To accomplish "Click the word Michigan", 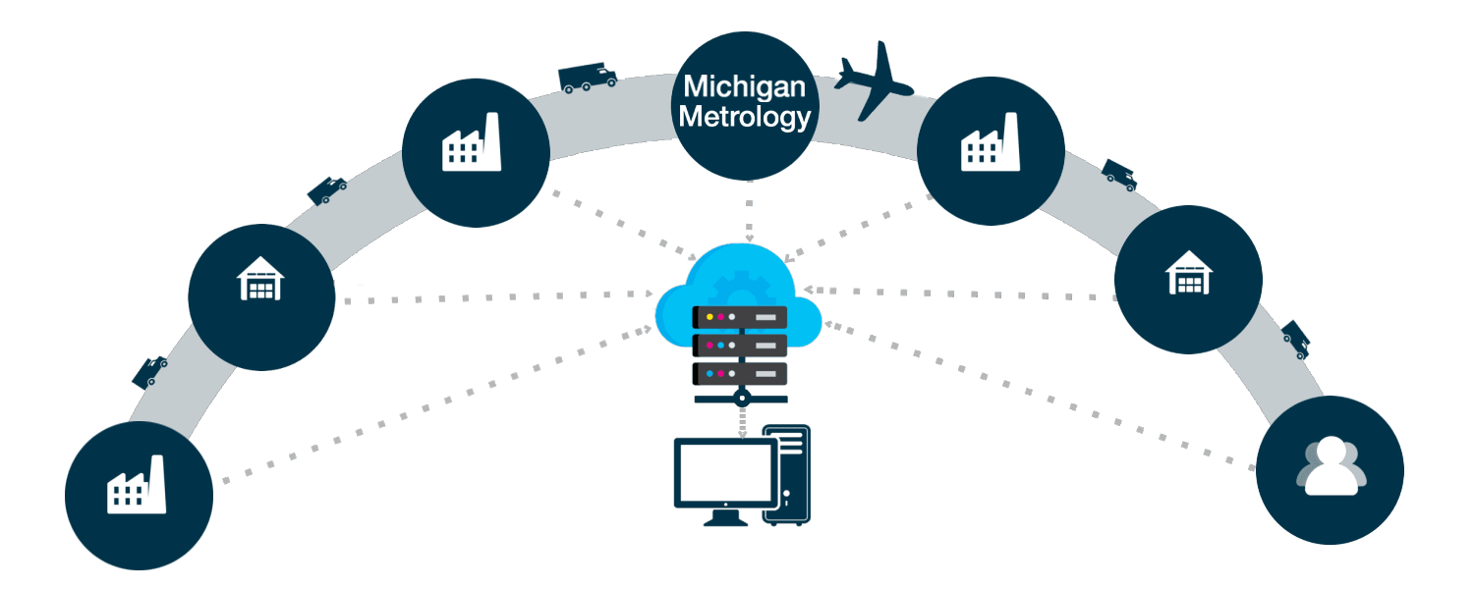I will tap(745, 86).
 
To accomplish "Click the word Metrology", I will tap(745, 118).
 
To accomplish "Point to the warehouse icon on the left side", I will tap(260, 278).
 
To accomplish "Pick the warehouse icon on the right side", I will tap(1189, 272).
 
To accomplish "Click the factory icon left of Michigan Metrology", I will tap(472, 143).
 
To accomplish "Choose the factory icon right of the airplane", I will tap(990, 143).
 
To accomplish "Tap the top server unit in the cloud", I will tap(741, 317).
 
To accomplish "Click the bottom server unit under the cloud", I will tap(741, 373).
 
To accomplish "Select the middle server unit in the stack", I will tap(741, 346).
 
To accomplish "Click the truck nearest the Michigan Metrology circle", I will tap(587, 78).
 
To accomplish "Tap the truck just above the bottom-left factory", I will tap(150, 370).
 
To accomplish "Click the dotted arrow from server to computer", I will tap(742, 420).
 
